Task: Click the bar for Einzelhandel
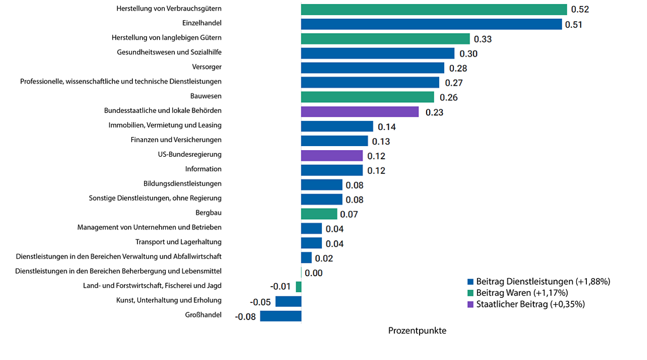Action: coord(431,24)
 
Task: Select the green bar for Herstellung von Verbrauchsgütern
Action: coord(434,10)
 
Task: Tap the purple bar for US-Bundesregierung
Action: coord(332,156)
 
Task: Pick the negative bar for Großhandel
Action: coord(281,316)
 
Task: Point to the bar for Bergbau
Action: coord(319,214)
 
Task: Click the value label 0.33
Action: coord(483,39)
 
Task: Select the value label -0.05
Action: coord(260,302)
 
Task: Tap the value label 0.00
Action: coord(313,273)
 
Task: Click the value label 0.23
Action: coord(434,112)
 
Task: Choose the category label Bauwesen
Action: coord(206,96)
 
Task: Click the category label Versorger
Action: coord(207,67)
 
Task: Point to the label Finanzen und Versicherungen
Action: coord(176,140)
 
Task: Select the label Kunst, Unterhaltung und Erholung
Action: coord(169,300)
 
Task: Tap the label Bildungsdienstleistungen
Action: coord(182,184)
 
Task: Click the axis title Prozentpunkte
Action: coord(417,331)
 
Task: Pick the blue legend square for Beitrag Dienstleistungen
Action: coord(470,282)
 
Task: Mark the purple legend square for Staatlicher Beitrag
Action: coord(470,304)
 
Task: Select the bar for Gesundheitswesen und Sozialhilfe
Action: coord(378,54)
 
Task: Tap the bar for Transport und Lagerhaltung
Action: coord(311,243)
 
